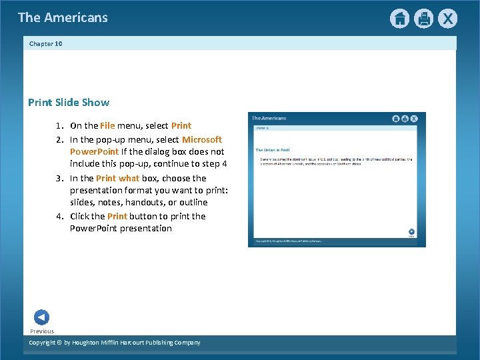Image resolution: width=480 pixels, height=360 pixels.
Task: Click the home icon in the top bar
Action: (399, 19)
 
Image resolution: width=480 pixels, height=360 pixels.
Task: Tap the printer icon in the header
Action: (423, 19)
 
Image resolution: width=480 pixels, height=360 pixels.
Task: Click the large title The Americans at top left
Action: (63, 17)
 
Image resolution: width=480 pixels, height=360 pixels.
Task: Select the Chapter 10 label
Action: (46, 44)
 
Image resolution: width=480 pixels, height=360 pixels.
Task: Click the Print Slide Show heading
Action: (69, 103)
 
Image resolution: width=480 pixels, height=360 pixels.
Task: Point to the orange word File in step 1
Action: (107, 125)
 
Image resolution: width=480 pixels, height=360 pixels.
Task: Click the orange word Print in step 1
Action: (181, 125)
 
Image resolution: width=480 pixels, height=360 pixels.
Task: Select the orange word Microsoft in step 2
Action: (202, 139)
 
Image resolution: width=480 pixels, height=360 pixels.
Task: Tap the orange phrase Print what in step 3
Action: (117, 178)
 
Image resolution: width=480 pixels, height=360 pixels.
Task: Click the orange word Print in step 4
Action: (117, 216)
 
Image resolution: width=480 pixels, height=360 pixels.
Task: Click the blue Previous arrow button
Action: (41, 317)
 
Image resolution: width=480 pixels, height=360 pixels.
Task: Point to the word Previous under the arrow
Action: (42, 331)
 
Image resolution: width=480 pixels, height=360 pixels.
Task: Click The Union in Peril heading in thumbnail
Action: (273, 150)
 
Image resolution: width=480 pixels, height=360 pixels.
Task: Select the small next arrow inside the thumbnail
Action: (411, 231)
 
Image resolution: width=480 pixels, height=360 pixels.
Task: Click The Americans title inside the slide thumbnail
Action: (269, 118)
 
